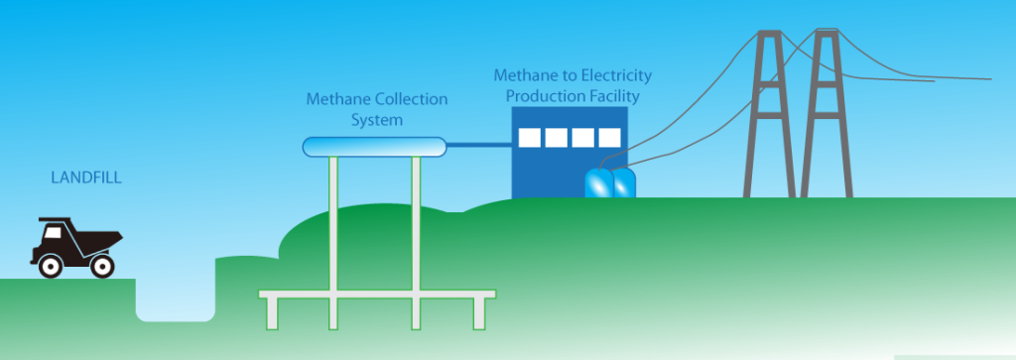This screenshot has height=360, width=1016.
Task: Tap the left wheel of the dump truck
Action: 50,265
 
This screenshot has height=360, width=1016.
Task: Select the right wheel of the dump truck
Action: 101,265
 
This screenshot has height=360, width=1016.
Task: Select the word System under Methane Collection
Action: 375,119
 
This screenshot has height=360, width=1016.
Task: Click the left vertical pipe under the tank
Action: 333,238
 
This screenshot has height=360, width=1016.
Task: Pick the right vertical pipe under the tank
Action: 416,238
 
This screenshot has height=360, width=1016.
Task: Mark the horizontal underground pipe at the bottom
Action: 376,295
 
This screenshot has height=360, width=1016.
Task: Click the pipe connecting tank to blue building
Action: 478,147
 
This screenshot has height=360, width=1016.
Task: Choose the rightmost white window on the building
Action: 608,137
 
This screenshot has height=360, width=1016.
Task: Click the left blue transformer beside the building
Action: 598,184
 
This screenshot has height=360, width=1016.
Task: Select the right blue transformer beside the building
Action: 623,184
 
